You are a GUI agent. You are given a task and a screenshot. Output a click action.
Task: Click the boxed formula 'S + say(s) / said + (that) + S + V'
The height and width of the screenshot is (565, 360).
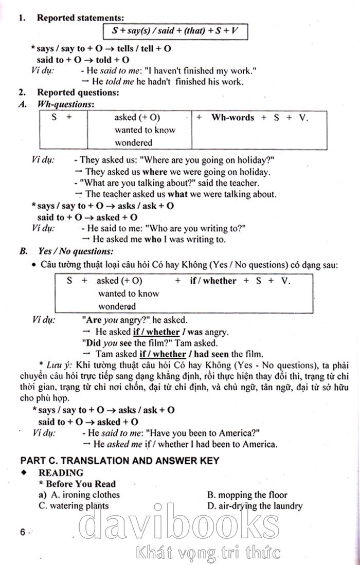click(175, 31)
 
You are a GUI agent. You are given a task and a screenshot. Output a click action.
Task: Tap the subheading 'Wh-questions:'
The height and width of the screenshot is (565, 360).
click(66, 104)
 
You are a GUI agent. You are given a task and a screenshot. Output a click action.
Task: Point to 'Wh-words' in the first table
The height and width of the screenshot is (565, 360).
click(232, 118)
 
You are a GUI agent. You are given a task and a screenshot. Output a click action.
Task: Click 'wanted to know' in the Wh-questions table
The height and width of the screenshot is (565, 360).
click(145, 130)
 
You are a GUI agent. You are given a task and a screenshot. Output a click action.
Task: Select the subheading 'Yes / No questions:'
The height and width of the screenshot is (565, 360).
click(76, 251)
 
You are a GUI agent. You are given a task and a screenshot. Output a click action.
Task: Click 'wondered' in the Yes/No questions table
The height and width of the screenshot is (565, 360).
click(117, 306)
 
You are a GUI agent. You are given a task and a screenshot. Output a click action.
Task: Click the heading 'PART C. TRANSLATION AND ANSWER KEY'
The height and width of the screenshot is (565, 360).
click(119, 461)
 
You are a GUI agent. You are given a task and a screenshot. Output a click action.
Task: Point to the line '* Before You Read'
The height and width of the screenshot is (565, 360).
click(78, 484)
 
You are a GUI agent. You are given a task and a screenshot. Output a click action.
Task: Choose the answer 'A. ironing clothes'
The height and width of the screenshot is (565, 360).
click(85, 495)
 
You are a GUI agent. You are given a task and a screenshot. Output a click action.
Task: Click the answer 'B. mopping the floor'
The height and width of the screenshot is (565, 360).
click(247, 495)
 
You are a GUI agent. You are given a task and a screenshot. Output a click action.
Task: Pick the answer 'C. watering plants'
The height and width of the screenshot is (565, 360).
click(74, 506)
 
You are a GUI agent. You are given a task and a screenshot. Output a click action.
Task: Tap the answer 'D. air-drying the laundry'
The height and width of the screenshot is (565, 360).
click(255, 506)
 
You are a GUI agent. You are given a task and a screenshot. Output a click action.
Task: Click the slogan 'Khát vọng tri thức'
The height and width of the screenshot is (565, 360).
click(208, 553)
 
